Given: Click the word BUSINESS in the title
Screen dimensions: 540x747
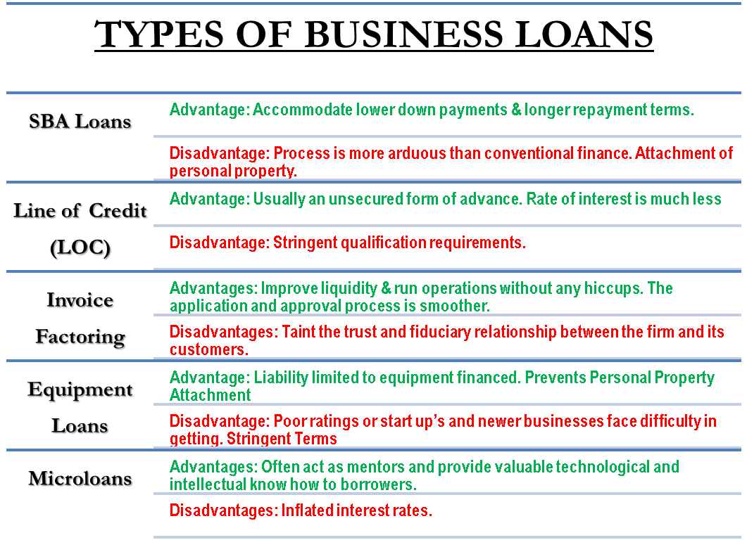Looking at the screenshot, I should click(391, 35).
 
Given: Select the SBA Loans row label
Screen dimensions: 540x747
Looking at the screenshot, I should click(81, 122).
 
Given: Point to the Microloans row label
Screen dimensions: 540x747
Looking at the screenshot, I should click(81, 480).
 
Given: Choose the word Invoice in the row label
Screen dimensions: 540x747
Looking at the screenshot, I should click(81, 301).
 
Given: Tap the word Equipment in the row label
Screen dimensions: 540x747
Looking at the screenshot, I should click(81, 390).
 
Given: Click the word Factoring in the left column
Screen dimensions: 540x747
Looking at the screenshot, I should click(81, 338).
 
